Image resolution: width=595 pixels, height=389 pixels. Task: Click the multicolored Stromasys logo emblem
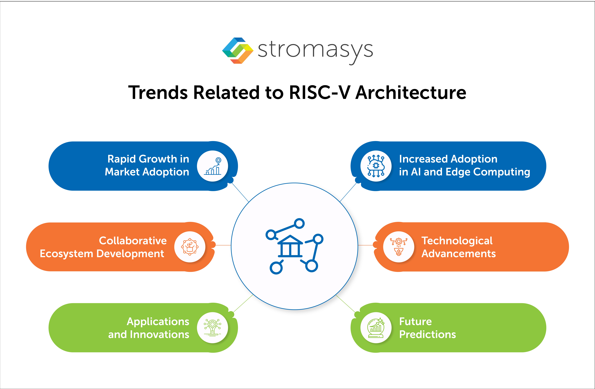click(238, 51)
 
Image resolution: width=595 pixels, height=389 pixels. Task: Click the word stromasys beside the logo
click(315, 50)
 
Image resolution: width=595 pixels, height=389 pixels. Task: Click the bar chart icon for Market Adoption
click(213, 166)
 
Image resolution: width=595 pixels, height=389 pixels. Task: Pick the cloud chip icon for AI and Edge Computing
click(376, 166)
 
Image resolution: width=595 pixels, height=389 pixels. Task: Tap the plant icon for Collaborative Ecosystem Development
click(190, 247)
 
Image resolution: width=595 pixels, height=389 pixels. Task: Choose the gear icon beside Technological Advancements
click(398, 247)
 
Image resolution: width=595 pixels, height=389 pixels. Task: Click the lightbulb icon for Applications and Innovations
click(213, 328)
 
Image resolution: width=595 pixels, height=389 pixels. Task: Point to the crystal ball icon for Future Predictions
click(376, 328)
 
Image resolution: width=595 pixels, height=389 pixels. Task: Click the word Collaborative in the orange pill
click(133, 241)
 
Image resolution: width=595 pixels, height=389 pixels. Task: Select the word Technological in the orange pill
click(457, 241)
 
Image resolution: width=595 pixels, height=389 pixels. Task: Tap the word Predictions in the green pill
click(427, 334)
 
